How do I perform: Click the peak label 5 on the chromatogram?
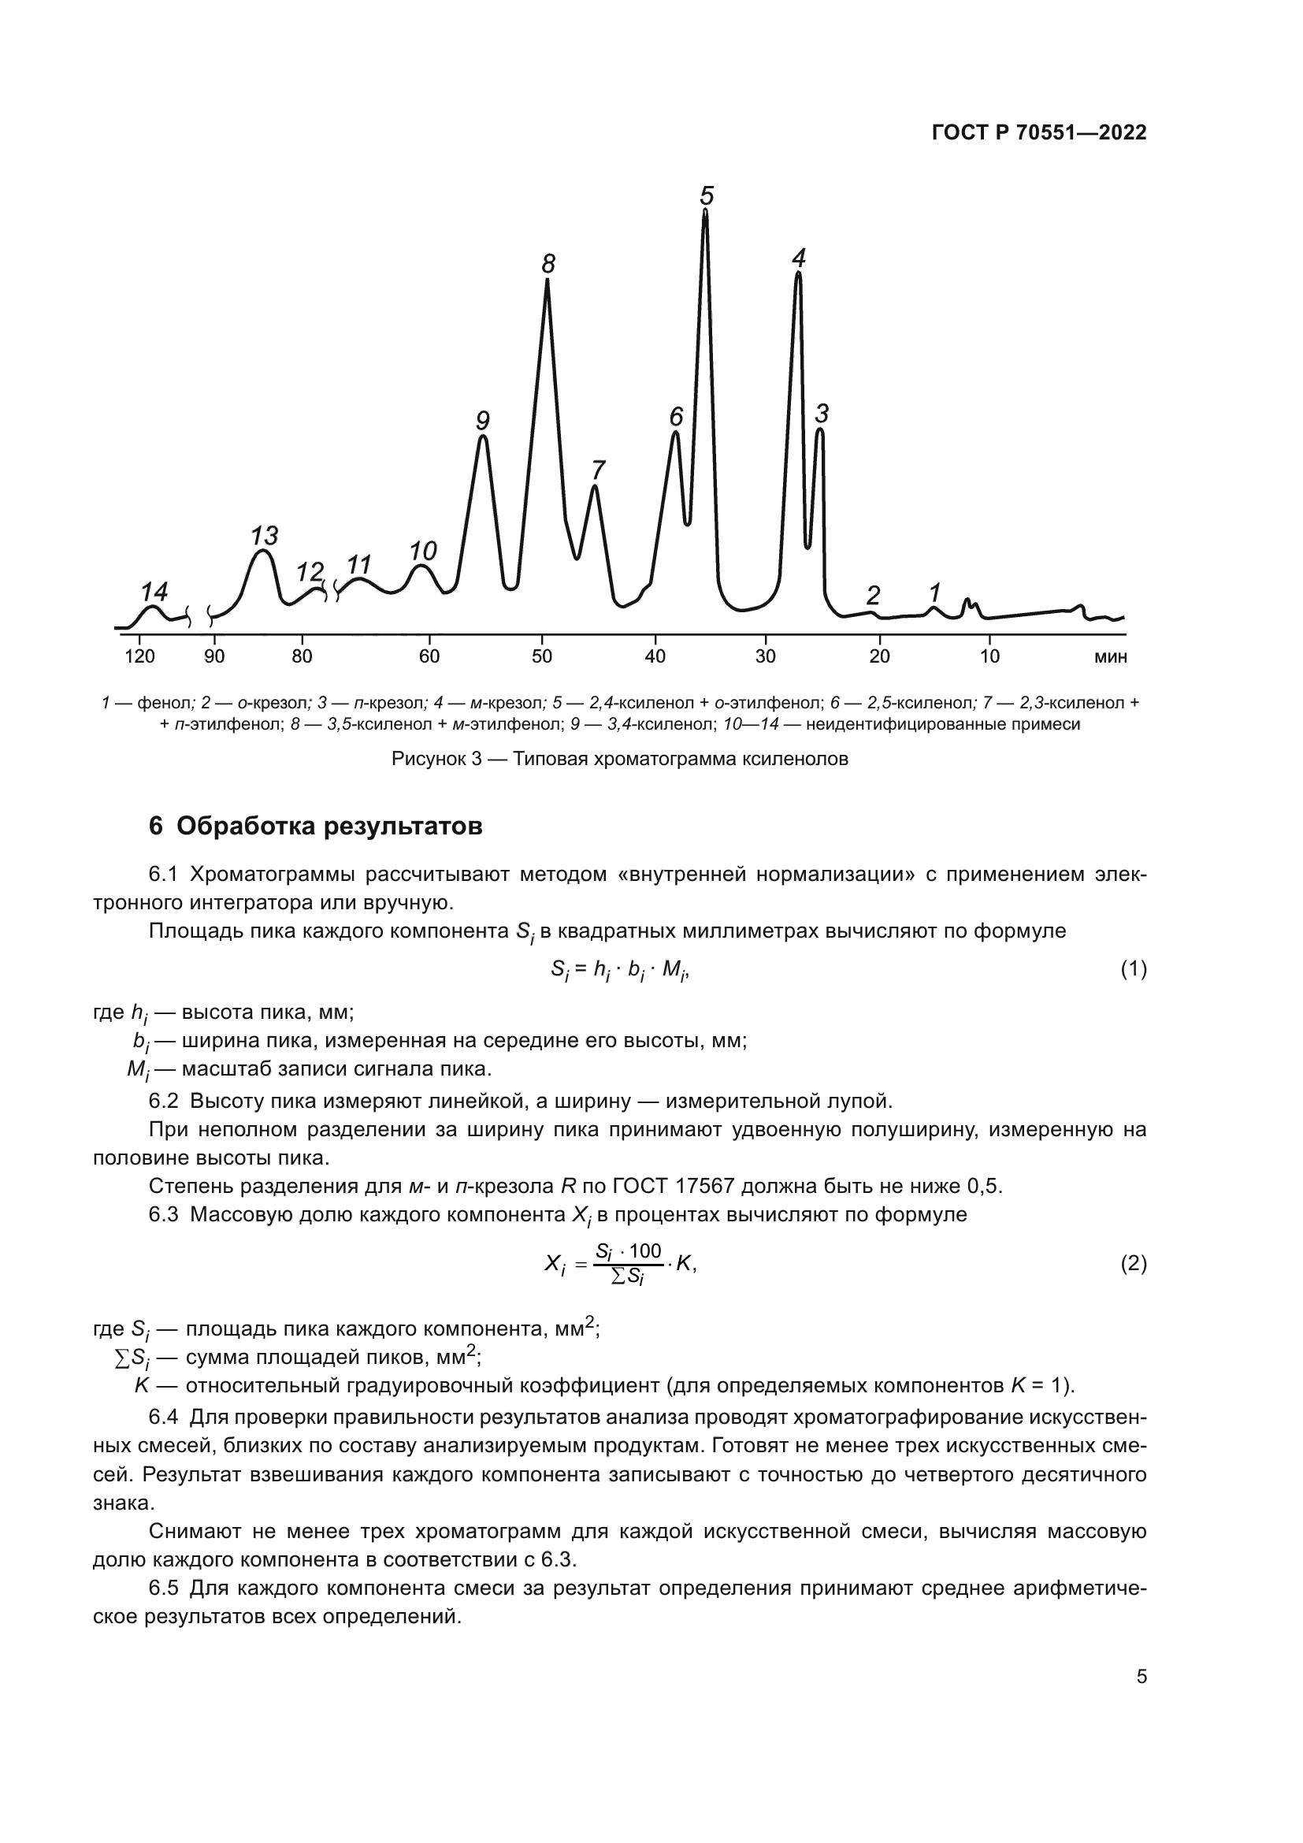click(x=707, y=196)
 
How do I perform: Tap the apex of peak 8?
click(x=548, y=281)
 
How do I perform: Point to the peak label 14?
click(x=154, y=592)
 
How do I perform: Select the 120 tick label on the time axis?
click(x=139, y=656)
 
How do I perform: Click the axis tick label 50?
click(x=542, y=656)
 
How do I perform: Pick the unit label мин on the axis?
click(x=1111, y=656)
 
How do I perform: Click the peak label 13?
click(x=264, y=534)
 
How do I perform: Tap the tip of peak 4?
click(x=797, y=274)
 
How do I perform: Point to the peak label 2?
click(x=873, y=595)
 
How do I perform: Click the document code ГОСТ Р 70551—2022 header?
click(x=1039, y=133)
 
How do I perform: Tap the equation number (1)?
click(x=1133, y=970)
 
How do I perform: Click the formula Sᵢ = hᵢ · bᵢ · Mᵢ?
click(x=619, y=970)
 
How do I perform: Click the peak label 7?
click(x=598, y=469)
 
